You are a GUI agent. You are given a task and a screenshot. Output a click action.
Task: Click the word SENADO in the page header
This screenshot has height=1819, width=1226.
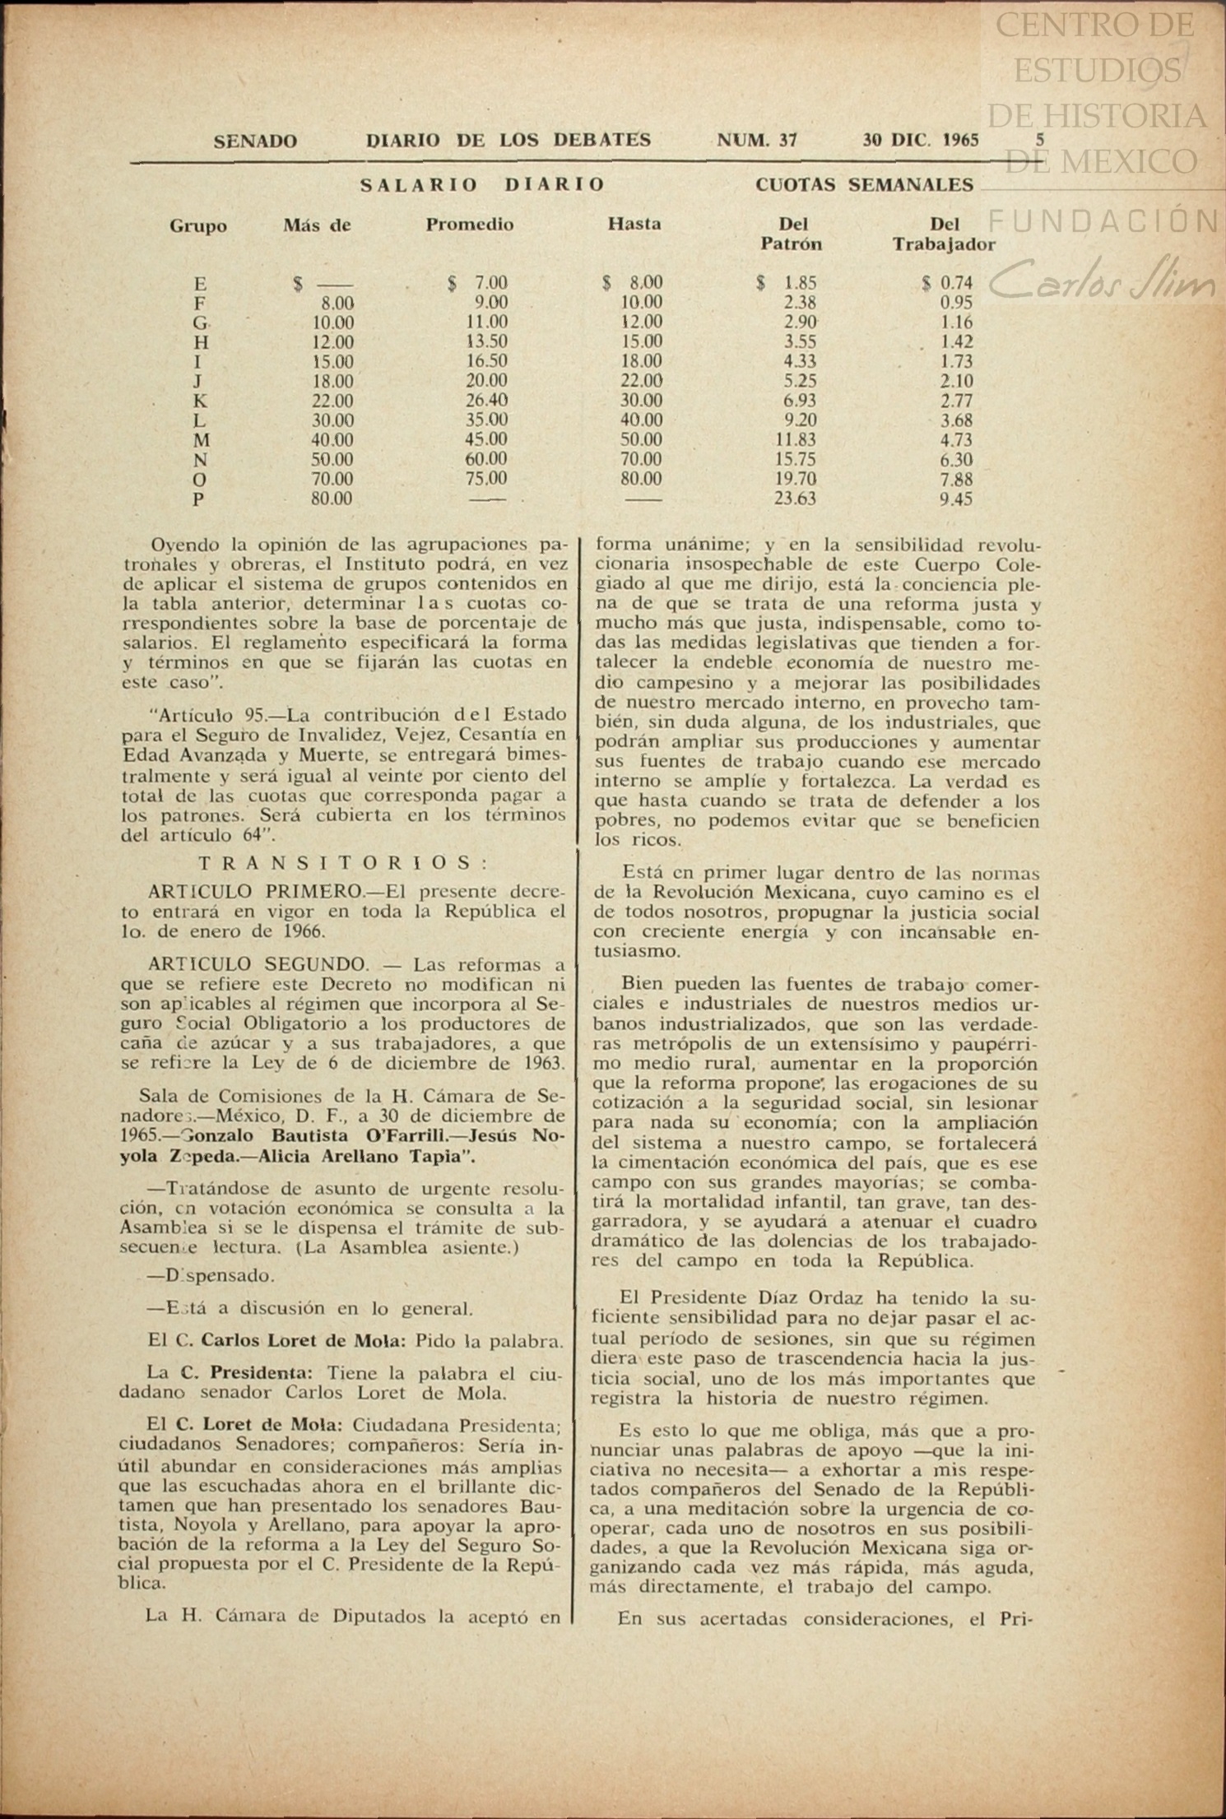point(255,141)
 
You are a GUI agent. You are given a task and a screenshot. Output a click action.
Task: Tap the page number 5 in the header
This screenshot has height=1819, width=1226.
point(1040,140)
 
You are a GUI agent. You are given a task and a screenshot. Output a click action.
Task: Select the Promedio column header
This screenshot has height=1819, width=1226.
point(469,225)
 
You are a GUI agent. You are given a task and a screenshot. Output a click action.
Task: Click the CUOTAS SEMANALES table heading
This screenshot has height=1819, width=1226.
point(864,185)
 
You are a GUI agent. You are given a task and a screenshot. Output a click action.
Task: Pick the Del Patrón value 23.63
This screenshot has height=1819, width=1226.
point(795,499)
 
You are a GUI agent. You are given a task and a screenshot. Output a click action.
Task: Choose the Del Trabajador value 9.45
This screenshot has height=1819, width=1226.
point(956,499)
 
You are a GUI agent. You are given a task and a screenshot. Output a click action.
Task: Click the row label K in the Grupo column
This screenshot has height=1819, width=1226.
point(200,401)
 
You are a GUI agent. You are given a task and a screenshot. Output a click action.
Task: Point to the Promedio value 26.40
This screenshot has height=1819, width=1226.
point(486,401)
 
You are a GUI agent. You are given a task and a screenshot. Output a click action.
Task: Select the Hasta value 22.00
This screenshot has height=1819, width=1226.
point(641,381)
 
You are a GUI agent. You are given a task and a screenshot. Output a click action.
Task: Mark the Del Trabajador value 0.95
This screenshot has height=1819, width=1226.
point(957,303)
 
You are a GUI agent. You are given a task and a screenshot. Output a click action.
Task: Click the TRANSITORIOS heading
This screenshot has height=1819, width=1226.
point(345,863)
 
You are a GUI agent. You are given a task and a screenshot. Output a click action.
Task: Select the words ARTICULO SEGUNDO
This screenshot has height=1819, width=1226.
point(258,964)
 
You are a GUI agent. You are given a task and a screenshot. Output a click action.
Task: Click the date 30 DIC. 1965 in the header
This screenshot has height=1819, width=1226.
point(920,141)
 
